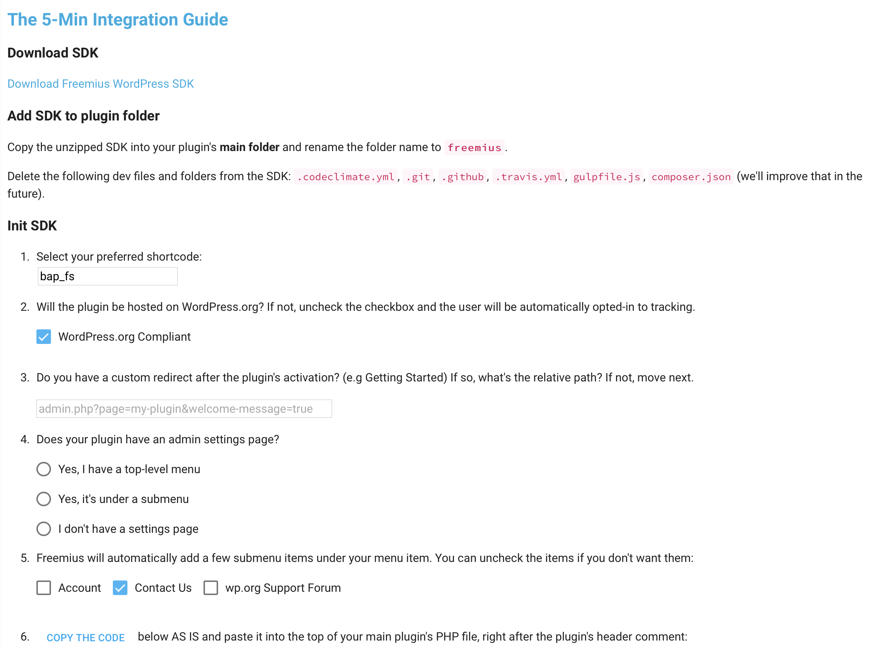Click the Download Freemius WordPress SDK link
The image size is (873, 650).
pos(100,84)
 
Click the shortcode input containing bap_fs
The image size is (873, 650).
pos(107,276)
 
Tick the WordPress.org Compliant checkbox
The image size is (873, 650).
pos(44,337)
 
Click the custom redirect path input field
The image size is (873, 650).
pos(184,409)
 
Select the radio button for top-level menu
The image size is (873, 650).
pos(44,469)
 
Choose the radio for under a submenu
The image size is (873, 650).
pos(44,499)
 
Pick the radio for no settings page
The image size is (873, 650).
pos(44,529)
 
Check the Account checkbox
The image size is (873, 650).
pos(44,588)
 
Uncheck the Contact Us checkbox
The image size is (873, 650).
pos(120,588)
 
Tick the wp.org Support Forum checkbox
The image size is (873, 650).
pos(210,588)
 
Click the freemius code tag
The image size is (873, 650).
pos(474,147)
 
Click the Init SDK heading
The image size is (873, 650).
pos(32,226)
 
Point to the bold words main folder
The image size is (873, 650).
pos(249,147)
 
